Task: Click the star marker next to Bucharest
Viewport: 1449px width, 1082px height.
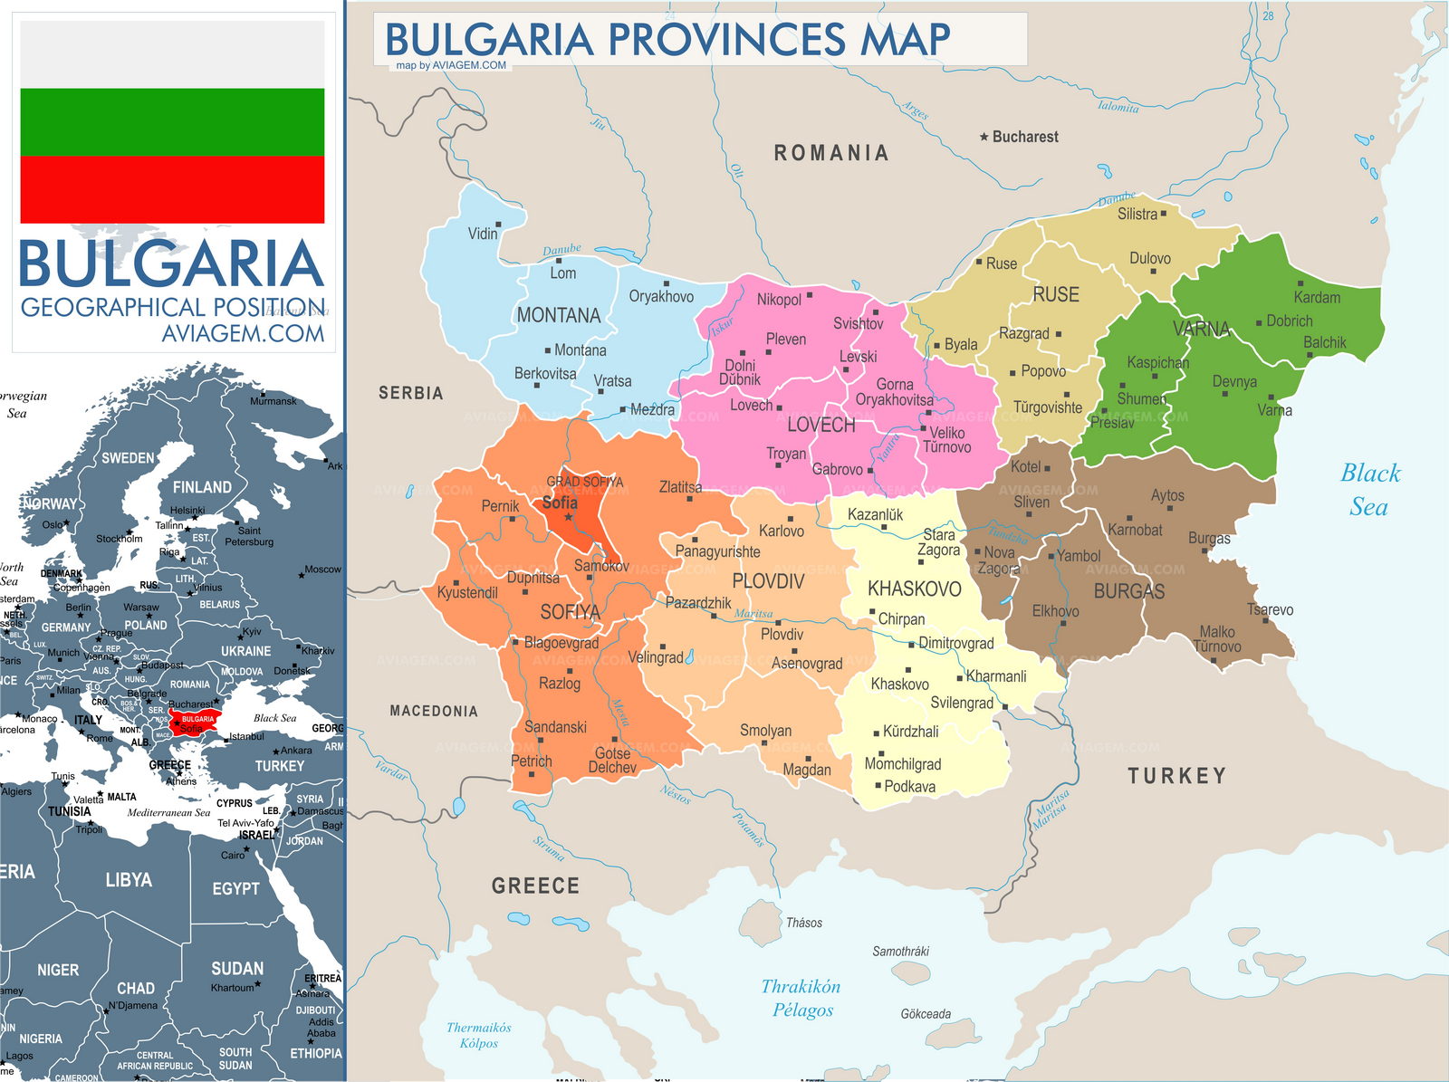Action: [x=984, y=137]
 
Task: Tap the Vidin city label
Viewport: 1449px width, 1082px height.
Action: [x=483, y=234]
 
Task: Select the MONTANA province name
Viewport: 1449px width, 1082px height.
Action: [x=558, y=315]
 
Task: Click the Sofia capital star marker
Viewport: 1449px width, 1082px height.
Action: [x=569, y=517]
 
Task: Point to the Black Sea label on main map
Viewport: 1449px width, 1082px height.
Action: [x=1369, y=489]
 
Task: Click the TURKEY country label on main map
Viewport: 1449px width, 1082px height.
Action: [x=1176, y=775]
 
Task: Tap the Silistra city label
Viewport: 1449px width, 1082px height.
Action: [x=1137, y=214]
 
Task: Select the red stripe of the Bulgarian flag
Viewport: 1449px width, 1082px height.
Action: [x=172, y=189]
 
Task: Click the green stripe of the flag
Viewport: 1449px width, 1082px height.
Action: [x=172, y=121]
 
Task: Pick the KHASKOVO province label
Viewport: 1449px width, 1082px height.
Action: [x=914, y=589]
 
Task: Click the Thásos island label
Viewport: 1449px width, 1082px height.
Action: [x=803, y=923]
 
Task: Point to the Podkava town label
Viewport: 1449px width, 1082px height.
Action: [x=909, y=786]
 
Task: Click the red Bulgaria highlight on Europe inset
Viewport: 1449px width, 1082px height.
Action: [x=194, y=720]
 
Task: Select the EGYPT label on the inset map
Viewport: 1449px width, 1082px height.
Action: [x=235, y=888]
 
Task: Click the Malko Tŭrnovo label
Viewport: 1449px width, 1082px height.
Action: [x=1216, y=638]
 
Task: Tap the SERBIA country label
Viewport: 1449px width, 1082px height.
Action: [x=410, y=393]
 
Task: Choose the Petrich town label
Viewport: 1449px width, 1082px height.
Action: [x=531, y=761]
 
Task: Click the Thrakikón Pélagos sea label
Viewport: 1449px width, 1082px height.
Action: [x=801, y=998]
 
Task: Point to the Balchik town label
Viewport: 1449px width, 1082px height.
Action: [x=1324, y=342]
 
